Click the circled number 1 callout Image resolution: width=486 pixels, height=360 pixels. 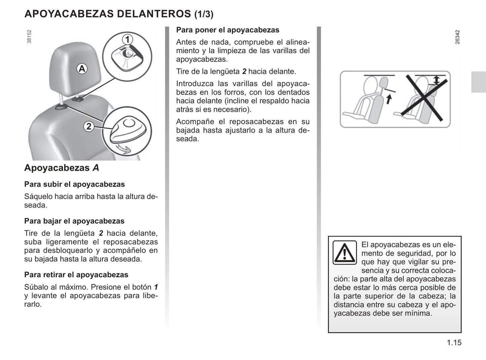click(127, 40)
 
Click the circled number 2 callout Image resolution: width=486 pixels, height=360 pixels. click(89, 127)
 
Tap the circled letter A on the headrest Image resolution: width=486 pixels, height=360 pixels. click(82, 69)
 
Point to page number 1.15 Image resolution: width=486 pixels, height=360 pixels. click(454, 343)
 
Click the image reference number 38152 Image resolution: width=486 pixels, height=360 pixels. click(29, 36)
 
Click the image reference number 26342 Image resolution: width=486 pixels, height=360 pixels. click(457, 37)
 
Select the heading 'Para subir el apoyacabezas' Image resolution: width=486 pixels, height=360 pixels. click(74, 184)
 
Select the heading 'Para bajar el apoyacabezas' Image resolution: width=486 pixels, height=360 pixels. click(74, 221)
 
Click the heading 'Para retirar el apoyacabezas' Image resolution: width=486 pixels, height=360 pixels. click(76, 275)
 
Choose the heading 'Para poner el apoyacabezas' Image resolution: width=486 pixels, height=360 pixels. click(228, 30)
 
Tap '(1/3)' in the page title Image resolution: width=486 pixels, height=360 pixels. click(204, 14)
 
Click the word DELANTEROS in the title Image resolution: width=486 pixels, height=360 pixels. click(154, 14)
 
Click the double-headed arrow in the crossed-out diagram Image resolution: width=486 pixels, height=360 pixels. click(436, 80)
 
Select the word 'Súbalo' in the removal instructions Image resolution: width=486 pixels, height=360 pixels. click(35, 287)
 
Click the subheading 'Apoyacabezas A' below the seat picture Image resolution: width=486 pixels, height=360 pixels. click(62, 168)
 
